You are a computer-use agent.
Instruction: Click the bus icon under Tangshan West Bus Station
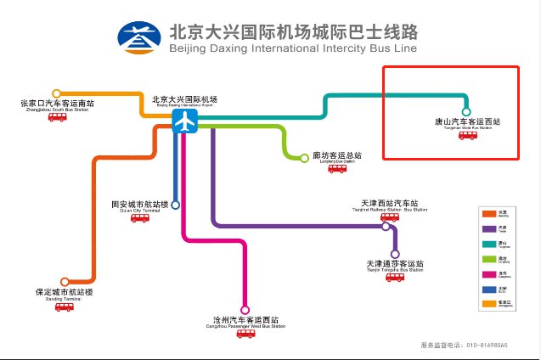tap(468, 135)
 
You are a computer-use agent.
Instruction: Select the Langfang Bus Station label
tap(337, 156)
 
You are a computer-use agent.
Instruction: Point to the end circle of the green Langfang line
tap(305, 157)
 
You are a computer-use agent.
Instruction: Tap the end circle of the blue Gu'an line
tap(175, 205)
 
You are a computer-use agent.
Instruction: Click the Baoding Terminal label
tap(64, 293)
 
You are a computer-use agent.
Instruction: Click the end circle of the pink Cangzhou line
tap(245, 310)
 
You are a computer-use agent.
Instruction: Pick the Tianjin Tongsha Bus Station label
tap(394, 265)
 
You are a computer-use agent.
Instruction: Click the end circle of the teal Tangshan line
tap(465, 111)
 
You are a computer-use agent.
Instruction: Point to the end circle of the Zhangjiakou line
tap(57, 93)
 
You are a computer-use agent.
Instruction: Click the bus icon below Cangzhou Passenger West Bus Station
tap(246, 334)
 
